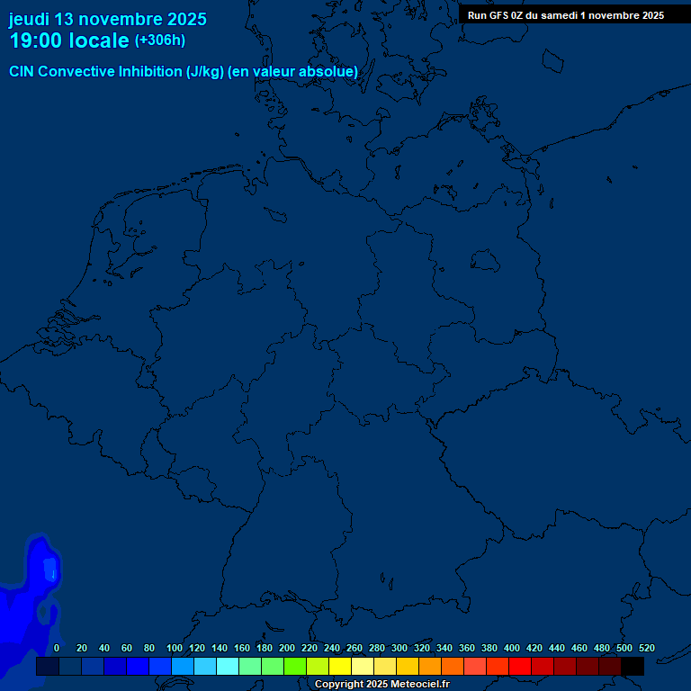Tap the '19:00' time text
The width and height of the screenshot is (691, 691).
click(x=36, y=41)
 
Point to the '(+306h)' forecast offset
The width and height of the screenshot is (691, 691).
click(x=160, y=40)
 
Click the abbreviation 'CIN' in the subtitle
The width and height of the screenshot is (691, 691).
click(x=22, y=72)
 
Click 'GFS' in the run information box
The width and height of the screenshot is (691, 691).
click(x=499, y=15)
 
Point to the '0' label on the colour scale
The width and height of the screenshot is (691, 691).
click(x=57, y=648)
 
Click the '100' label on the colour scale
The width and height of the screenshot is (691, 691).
click(x=175, y=648)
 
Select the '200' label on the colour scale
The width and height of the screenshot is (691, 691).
click(x=287, y=648)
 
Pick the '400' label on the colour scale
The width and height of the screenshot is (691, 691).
click(x=512, y=648)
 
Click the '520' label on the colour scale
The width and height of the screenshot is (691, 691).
click(x=646, y=648)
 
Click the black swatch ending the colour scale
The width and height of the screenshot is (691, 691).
click(x=633, y=667)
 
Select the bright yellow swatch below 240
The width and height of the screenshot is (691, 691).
click(x=340, y=667)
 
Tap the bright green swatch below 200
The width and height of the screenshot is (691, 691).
click(x=295, y=667)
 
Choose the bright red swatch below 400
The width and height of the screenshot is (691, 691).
click(x=520, y=667)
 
